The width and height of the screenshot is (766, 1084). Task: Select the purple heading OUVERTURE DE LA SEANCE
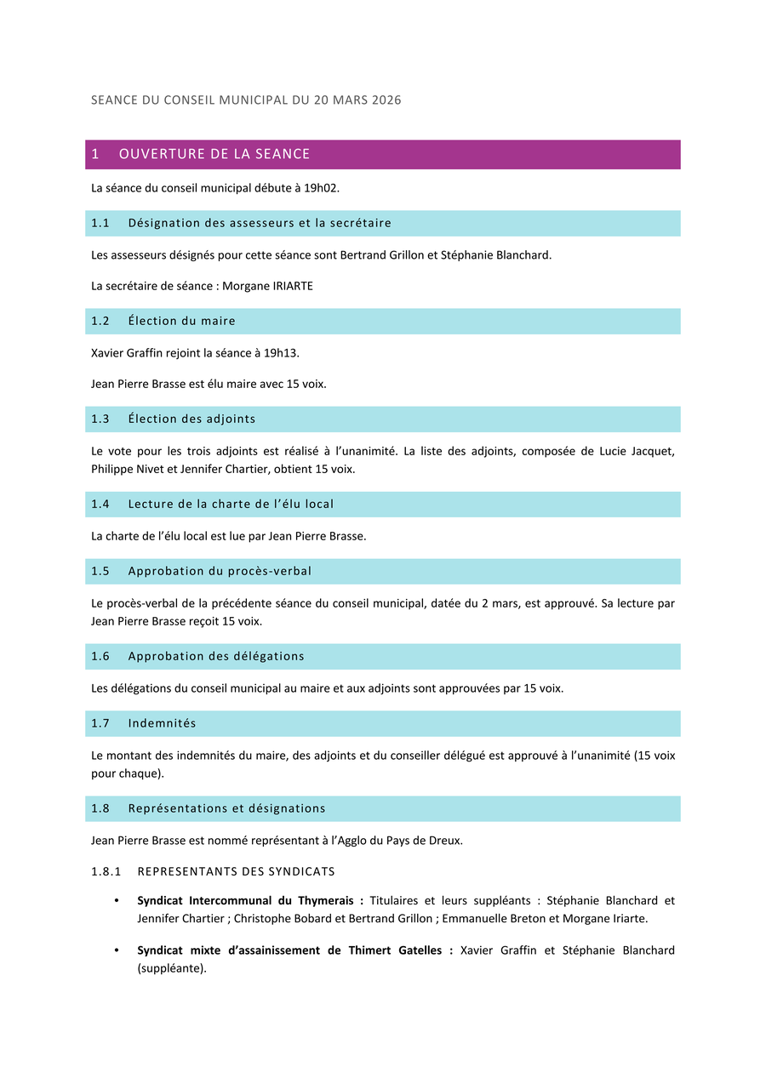pyautogui.click(x=214, y=154)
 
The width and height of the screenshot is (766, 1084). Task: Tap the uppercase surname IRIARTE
pyautogui.click(x=292, y=286)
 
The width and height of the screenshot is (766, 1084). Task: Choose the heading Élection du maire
pyautogui.click(x=181, y=321)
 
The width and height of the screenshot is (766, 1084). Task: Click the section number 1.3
pyautogui.click(x=100, y=419)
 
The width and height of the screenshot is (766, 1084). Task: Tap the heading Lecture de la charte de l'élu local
pyautogui.click(x=231, y=504)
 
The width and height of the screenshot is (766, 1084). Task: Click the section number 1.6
pyautogui.click(x=100, y=656)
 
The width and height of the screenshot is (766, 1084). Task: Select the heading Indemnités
pyautogui.click(x=162, y=723)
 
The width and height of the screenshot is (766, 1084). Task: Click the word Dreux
pyautogui.click(x=446, y=841)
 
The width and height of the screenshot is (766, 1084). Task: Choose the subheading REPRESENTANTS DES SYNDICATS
pyautogui.click(x=236, y=871)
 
